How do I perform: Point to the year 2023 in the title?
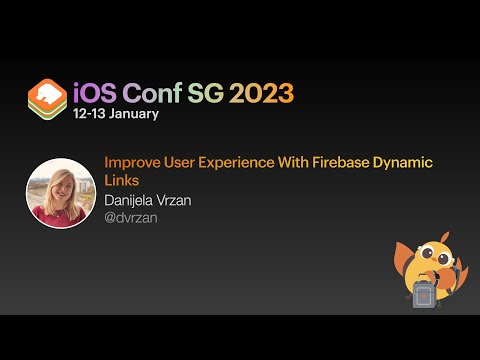261,94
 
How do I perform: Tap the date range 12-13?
89,114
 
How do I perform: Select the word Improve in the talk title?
131,162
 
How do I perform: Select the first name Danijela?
132,200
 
